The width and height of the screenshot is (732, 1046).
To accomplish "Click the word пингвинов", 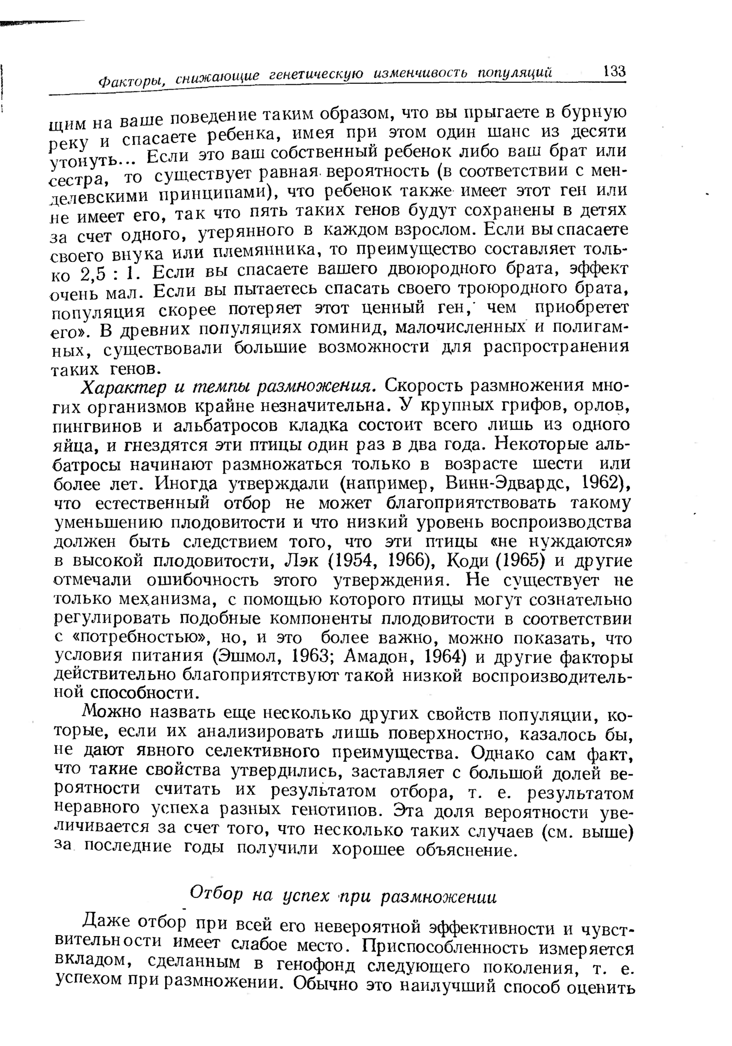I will point(101,426).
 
